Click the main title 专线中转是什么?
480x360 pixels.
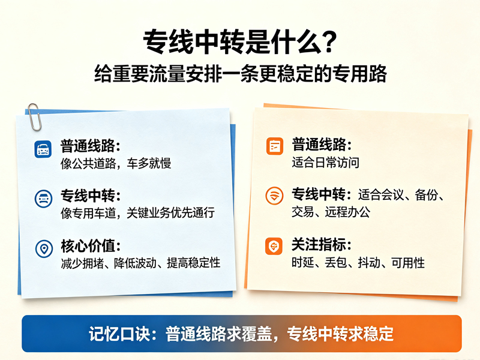[x=240, y=42]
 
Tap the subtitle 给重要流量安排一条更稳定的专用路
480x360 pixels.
[x=241, y=74]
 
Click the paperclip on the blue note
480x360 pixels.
[x=34, y=117]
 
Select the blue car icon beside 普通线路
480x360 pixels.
[x=43, y=149]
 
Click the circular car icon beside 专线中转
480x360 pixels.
[x=43, y=199]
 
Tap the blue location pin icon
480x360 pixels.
[x=44, y=248]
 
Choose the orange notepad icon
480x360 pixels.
[x=275, y=146]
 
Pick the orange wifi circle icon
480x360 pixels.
[x=274, y=196]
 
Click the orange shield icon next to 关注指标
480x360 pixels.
[x=274, y=246]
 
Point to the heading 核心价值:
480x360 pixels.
[x=91, y=246]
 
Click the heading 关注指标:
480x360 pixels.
[x=322, y=244]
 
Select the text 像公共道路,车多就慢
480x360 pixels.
[x=116, y=163]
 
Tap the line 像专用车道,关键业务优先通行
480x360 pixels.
[x=138, y=213]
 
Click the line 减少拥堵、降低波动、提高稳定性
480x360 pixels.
[x=140, y=263]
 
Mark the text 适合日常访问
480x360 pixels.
[x=325, y=162]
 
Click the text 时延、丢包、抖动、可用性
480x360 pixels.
[x=358, y=262]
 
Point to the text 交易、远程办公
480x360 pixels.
[x=331, y=212]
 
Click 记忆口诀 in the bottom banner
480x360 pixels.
[x=119, y=334]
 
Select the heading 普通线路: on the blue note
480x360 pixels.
[x=91, y=146]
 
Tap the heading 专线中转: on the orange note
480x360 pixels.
[x=322, y=194]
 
